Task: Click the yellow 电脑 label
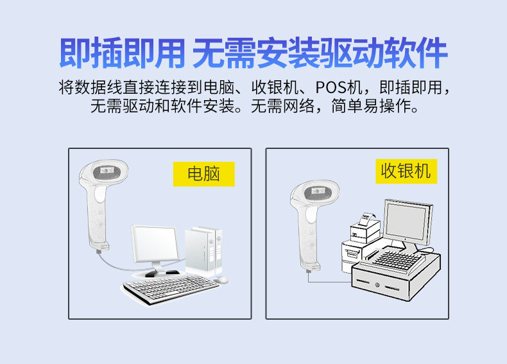[203, 173]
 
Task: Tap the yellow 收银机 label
[406, 171]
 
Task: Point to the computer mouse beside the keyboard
[221, 281]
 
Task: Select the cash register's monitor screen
[406, 221]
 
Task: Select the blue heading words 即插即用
[122, 53]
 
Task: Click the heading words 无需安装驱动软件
[319, 53]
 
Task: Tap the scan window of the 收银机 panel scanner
[314, 192]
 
